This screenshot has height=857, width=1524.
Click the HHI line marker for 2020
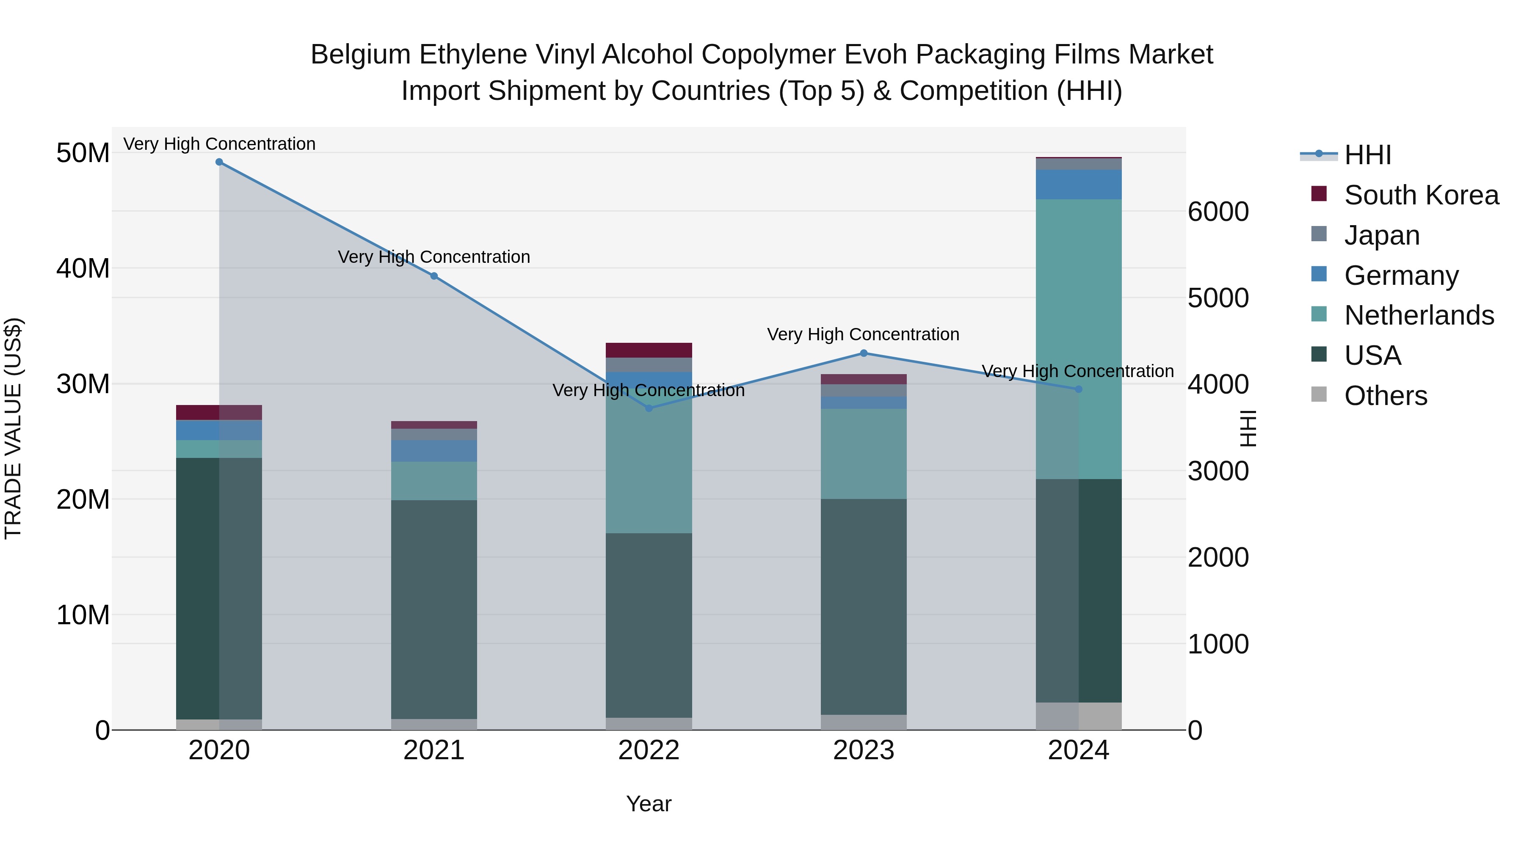click(219, 162)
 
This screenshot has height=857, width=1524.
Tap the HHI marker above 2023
click(863, 354)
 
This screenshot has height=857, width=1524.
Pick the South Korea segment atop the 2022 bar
click(649, 350)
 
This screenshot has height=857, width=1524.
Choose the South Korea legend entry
click(1421, 195)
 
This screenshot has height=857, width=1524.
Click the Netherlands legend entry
click(1419, 315)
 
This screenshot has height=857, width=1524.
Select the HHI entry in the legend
click(1367, 155)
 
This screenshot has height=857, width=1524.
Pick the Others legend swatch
click(1319, 394)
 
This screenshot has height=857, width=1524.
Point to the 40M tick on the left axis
click(83, 268)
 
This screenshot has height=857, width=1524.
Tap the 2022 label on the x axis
click(649, 750)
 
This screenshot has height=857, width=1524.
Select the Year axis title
click(649, 804)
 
